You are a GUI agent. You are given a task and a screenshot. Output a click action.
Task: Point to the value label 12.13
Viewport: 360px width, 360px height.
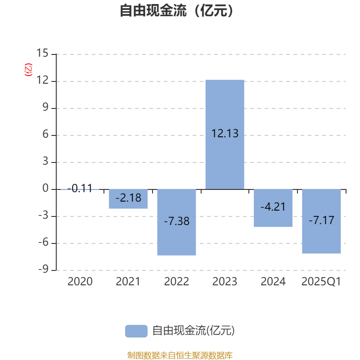[x=225, y=134]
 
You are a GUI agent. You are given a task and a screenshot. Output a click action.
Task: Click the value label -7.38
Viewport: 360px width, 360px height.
[x=176, y=221]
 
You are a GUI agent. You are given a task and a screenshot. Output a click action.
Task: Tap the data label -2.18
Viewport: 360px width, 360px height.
[x=128, y=198]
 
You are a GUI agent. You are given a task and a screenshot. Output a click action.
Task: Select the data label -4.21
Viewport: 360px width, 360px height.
[x=273, y=207]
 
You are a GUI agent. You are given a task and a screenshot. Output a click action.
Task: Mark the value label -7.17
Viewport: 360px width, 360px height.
[x=321, y=220]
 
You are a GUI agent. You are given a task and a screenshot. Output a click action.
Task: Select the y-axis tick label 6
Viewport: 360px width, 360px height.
[x=45, y=135]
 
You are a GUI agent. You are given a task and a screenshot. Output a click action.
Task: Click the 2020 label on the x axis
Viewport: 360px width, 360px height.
[x=80, y=282]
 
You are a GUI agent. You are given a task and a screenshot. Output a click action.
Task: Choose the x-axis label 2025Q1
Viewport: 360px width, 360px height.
[x=321, y=282]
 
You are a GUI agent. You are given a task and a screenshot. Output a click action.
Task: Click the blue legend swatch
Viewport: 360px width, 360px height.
[x=136, y=331]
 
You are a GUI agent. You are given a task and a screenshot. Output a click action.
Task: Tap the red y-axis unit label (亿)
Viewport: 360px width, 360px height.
[x=29, y=70]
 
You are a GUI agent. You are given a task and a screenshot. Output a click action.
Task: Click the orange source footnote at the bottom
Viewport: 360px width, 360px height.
[x=180, y=355]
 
